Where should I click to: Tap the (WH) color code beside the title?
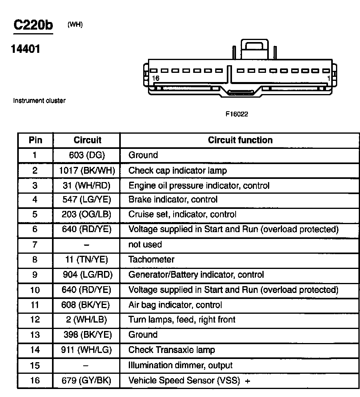(x=75, y=25)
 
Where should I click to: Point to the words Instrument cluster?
(x=39, y=101)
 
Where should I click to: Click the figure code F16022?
(x=237, y=114)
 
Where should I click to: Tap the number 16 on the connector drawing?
(x=156, y=78)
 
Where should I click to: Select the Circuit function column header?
(x=240, y=140)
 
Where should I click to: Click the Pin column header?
(x=35, y=140)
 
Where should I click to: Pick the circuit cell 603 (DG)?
(x=86, y=155)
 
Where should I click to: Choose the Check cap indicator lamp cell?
(x=178, y=170)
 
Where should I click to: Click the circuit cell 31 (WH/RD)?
(x=86, y=186)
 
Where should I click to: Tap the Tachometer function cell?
(x=151, y=260)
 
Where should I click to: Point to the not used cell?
(x=145, y=245)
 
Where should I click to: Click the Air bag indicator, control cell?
(x=175, y=305)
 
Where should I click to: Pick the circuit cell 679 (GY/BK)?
(x=86, y=380)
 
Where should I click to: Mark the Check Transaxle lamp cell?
(x=172, y=350)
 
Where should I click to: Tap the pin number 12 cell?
(x=35, y=320)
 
